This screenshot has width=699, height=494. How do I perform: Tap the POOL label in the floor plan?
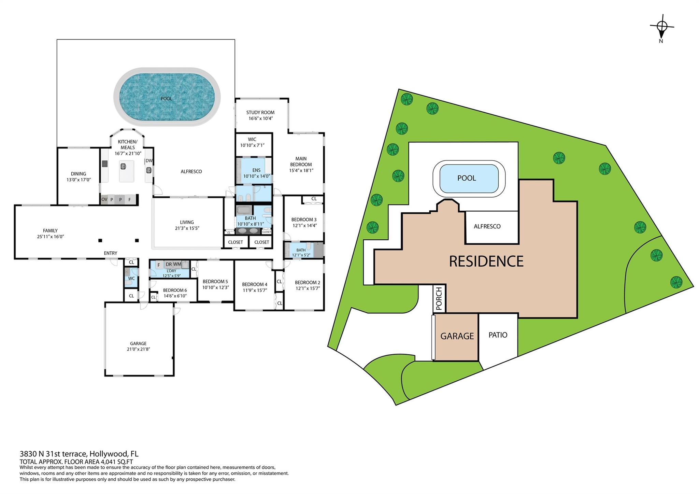point(166,99)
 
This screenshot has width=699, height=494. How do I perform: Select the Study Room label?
point(260,112)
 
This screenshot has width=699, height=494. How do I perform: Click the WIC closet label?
point(252,139)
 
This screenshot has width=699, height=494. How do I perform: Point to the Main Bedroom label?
point(301,161)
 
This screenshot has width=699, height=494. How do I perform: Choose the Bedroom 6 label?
point(175,290)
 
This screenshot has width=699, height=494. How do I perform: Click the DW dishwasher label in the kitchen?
point(149,161)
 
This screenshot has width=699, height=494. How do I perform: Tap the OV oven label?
point(104,199)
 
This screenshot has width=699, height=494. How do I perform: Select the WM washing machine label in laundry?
point(177,264)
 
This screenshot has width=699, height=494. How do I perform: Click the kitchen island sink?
point(123,166)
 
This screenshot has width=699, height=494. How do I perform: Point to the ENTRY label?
point(111,253)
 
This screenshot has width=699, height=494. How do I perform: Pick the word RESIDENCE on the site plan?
point(486,262)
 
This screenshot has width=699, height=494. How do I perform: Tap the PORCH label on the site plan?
point(439,299)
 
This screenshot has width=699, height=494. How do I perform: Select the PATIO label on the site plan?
point(498,335)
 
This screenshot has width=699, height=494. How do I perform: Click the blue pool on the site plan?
point(469,179)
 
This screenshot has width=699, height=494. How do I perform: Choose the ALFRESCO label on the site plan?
point(487,226)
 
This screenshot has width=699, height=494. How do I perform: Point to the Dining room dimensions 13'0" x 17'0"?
point(79,180)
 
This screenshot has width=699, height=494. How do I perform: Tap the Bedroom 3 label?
point(304,220)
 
